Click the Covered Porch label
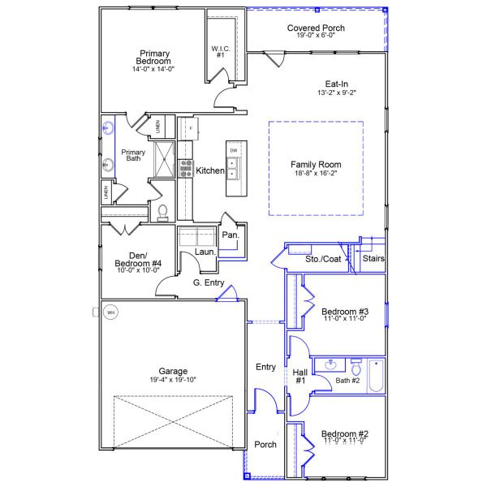tap(316, 28)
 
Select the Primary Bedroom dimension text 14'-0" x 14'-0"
tap(153, 69)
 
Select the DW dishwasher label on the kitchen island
tap(234, 152)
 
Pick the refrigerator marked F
tap(190, 128)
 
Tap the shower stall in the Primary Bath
tap(166, 157)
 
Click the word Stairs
tap(373, 259)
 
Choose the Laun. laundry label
tap(205, 252)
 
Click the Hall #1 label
tap(299, 377)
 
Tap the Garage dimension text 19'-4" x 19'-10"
tap(172, 379)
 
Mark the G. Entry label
tap(209, 282)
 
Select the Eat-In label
tap(337, 83)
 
